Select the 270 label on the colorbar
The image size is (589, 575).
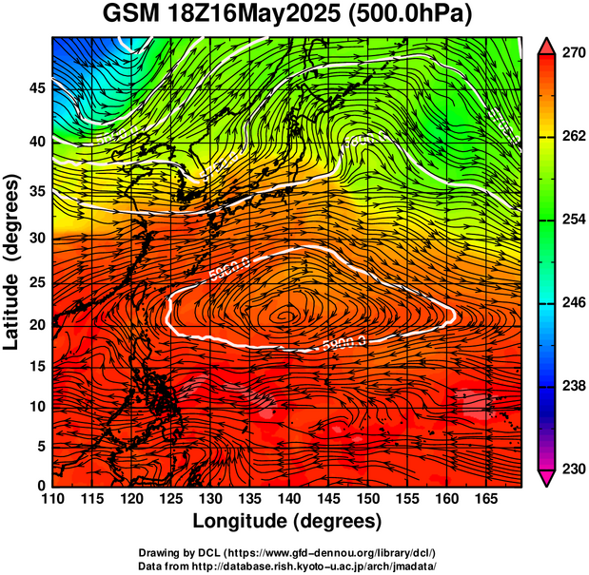(x=572, y=54)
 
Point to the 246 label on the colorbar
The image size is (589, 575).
(x=572, y=302)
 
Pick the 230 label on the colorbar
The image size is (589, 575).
(x=572, y=469)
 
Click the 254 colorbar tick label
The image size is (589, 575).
(x=572, y=220)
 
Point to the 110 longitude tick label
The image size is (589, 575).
(x=53, y=499)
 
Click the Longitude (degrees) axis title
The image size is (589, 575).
(x=287, y=521)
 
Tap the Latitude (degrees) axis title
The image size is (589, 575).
(x=13, y=261)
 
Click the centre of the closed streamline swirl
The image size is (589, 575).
(x=286, y=313)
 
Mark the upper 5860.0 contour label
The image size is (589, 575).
(x=228, y=272)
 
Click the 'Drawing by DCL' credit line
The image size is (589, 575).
(x=287, y=552)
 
